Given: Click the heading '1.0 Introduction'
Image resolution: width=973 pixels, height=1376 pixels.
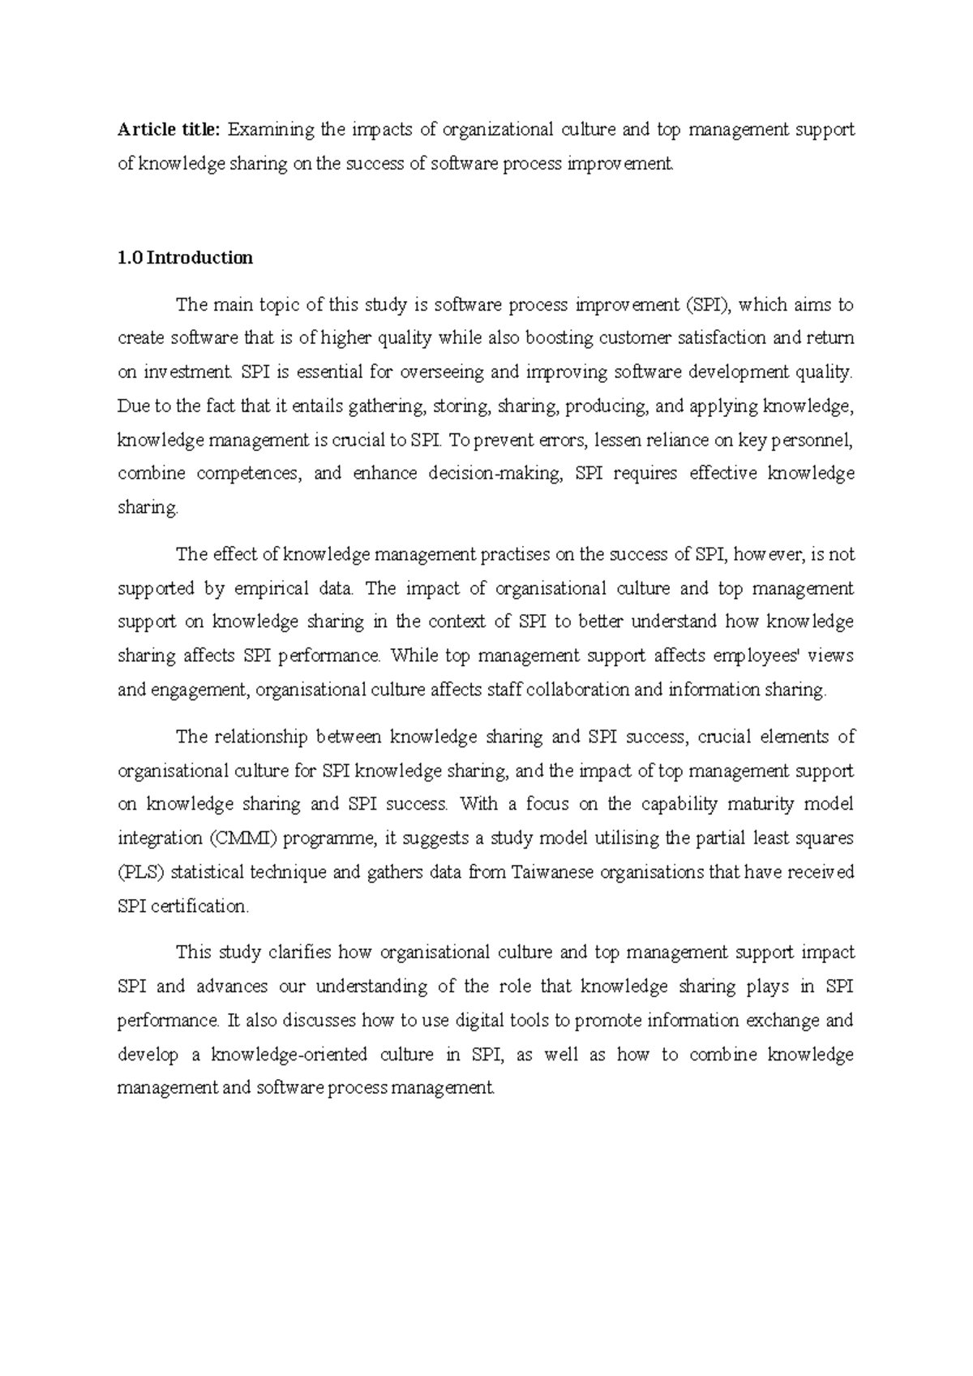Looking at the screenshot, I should pos(185,258).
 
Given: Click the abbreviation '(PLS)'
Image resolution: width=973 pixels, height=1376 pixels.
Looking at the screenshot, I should pos(141,872).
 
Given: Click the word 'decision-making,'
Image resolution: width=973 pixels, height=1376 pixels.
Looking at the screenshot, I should pos(495,474).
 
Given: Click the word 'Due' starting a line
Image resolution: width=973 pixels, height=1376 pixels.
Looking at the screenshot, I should pos(134,406).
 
